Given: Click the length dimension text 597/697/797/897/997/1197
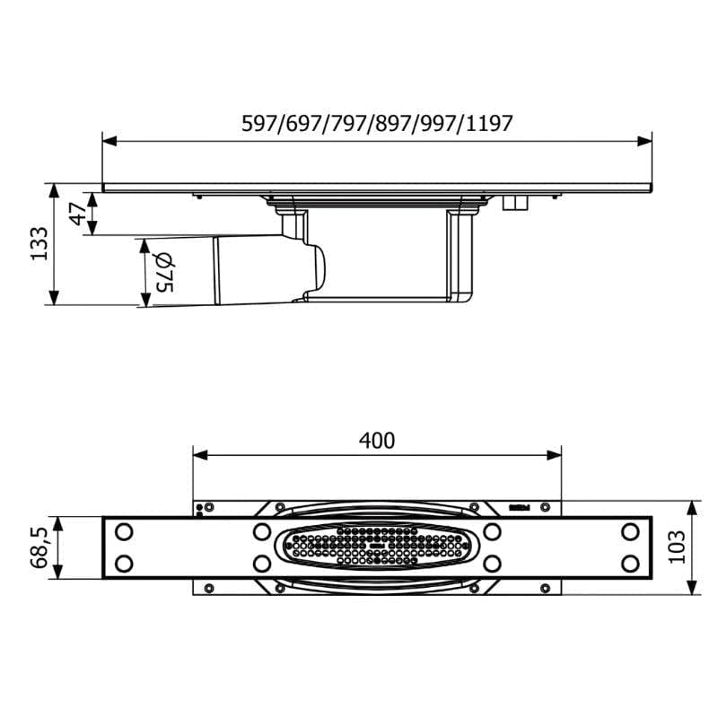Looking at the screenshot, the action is coord(377,124).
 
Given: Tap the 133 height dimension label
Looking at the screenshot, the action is coord(39,243).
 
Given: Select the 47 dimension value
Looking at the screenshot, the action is coord(78,214).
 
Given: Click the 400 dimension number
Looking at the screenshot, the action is coord(377,441).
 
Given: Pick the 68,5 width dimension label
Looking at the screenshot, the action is coord(39,547).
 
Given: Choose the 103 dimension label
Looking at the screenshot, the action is coord(678,547).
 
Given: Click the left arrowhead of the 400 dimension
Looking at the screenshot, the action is coord(200,455).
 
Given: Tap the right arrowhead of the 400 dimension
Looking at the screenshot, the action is coord(554,455).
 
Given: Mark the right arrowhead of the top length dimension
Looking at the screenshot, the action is coord(644,142).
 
